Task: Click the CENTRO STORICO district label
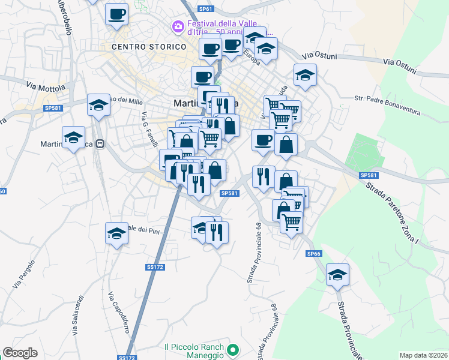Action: click(149, 46)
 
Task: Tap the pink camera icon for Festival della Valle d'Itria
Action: click(177, 26)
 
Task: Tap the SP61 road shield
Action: click(205, 9)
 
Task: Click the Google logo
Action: click(20, 353)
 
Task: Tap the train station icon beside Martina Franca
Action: click(100, 144)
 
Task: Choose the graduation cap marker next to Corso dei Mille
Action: click(98, 106)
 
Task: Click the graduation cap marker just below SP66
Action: click(338, 275)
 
